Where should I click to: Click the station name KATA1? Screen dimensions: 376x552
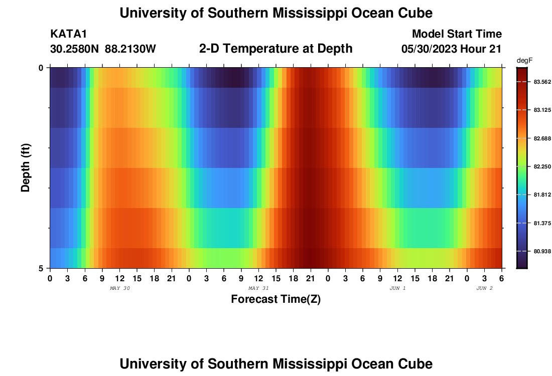[69, 34]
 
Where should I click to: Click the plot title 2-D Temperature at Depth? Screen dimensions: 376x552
[275, 49]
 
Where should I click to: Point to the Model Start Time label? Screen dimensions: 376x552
[457, 34]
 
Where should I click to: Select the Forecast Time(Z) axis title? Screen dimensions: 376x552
[275, 300]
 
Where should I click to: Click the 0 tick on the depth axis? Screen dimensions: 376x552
[41, 68]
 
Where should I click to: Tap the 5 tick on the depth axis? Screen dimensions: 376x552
[41, 268]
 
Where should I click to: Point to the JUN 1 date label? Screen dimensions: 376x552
[397, 288]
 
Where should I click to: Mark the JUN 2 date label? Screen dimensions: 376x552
[484, 288]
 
